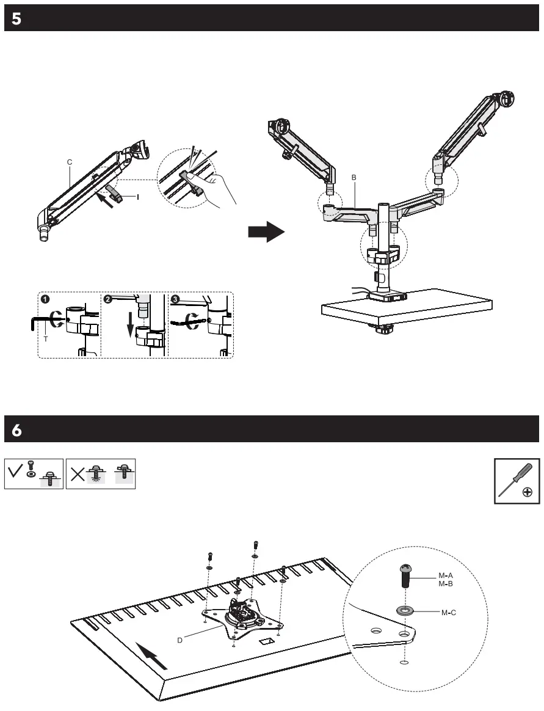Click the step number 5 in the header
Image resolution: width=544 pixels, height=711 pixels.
point(16,19)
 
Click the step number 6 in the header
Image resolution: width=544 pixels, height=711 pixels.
point(16,430)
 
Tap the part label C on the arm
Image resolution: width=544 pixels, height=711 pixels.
point(70,162)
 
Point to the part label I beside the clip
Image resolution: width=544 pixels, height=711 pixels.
point(138,197)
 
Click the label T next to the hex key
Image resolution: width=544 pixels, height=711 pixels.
point(45,338)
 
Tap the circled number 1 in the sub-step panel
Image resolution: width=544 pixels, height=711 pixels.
point(45,300)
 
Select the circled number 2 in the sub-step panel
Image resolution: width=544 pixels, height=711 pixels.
point(108,300)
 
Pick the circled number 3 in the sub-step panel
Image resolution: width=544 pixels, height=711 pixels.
point(175,300)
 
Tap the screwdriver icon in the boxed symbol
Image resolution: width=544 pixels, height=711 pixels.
point(515,480)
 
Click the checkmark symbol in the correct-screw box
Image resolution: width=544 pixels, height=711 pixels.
point(16,471)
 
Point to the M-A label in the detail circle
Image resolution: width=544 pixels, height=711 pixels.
point(446,575)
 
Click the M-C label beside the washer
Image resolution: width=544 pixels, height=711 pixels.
point(449,612)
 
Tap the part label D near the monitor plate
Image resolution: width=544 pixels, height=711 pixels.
point(180,640)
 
